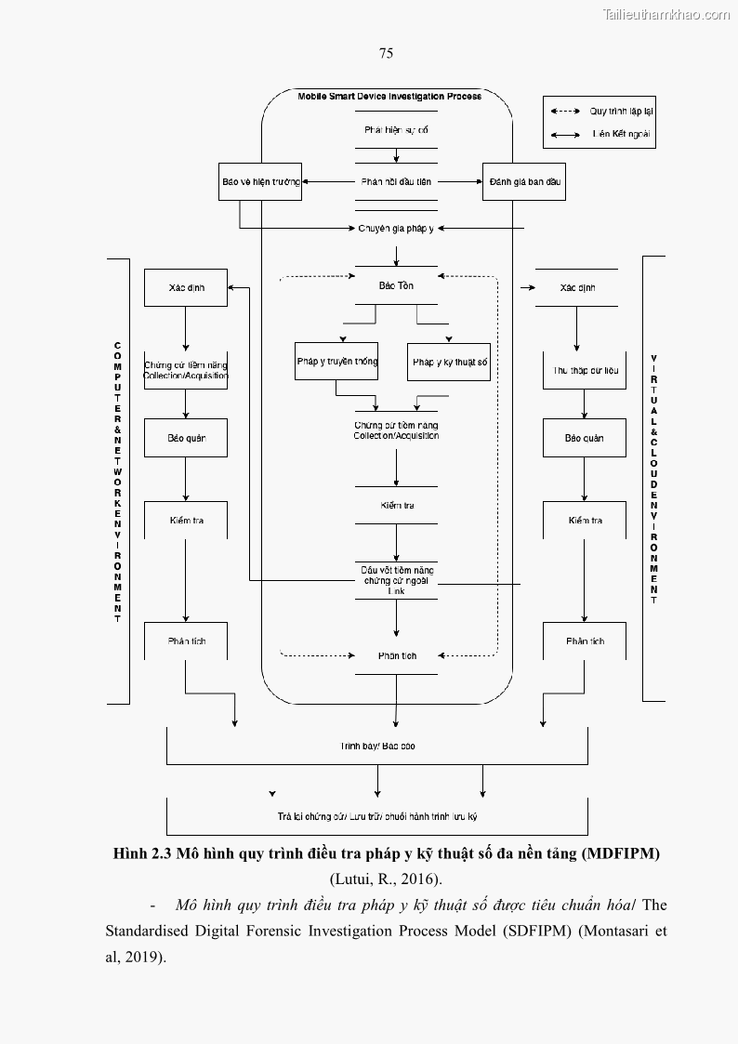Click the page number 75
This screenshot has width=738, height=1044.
click(x=386, y=53)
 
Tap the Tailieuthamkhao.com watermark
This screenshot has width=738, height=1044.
click(x=666, y=14)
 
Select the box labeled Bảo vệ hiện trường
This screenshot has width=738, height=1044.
click(x=261, y=182)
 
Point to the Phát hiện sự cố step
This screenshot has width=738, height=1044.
click(x=396, y=131)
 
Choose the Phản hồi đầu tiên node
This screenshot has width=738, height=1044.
click(x=396, y=182)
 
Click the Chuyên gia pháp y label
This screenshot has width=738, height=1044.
click(x=396, y=228)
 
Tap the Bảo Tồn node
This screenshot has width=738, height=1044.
click(x=396, y=285)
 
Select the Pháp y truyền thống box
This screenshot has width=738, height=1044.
click(x=336, y=362)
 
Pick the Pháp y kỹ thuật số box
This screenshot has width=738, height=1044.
click(x=450, y=362)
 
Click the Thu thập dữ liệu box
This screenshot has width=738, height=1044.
click(x=585, y=370)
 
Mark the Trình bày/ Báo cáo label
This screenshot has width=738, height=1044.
click(x=376, y=746)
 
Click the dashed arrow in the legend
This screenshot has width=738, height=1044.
click(x=565, y=111)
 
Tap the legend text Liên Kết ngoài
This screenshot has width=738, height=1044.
click(x=622, y=134)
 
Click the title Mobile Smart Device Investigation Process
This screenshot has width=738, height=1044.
click(x=389, y=97)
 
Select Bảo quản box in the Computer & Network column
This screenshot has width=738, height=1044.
click(x=186, y=438)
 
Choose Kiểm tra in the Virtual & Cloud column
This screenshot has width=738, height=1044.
click(x=585, y=521)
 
